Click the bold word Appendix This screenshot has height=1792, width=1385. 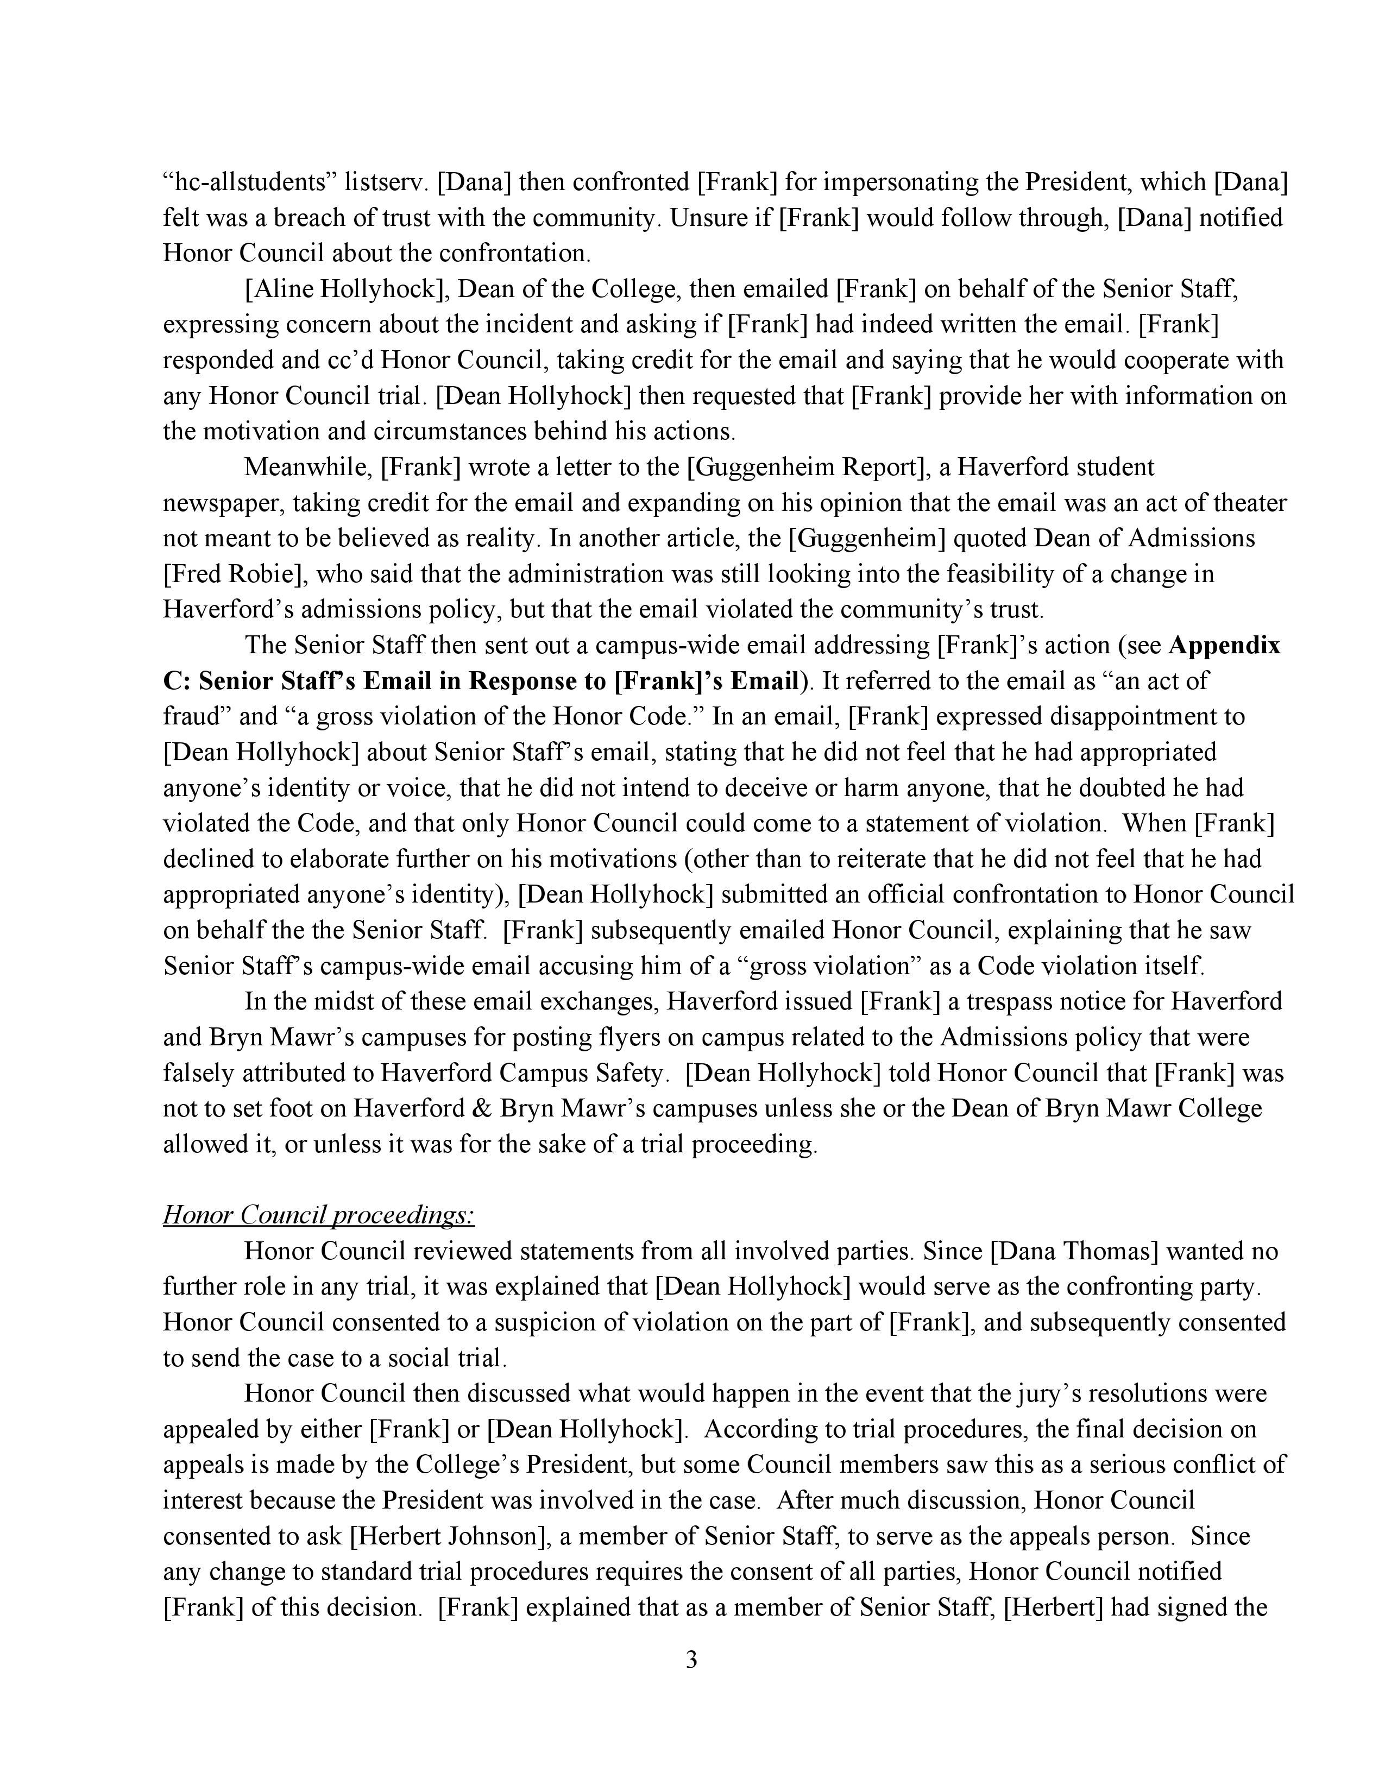click(1223, 645)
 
